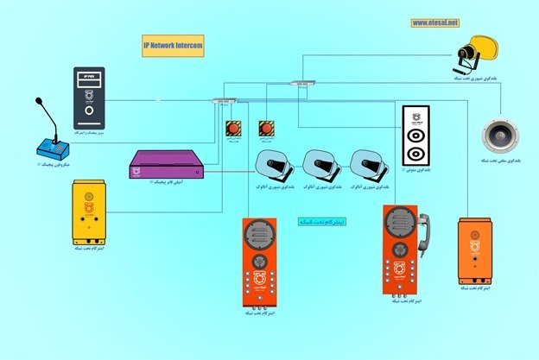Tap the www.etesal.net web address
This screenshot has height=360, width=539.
click(x=435, y=23)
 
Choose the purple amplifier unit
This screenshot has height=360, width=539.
click(x=165, y=165)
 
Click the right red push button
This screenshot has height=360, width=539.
click(x=267, y=129)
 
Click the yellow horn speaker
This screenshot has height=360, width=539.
click(x=476, y=55)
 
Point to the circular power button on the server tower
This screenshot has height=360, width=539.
click(x=88, y=112)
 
